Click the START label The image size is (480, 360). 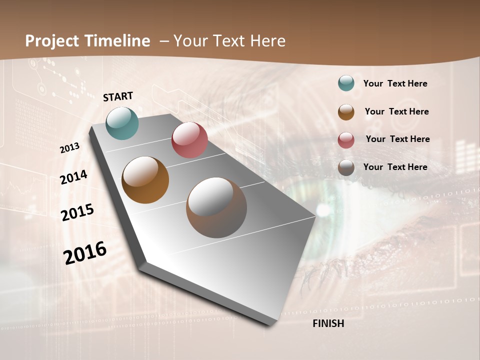point(118,96)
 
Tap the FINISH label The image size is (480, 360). point(328,323)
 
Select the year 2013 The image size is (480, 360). point(69,148)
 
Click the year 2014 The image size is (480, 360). point(73,177)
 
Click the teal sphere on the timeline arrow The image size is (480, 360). point(122,123)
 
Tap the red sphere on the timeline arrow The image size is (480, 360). point(189,140)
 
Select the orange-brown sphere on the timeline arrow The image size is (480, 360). point(145,180)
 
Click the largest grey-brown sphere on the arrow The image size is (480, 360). point(216,207)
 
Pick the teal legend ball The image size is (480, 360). point(346,83)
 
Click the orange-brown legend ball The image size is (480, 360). point(346,112)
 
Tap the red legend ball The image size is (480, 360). point(346,140)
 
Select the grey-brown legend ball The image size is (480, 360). point(346,167)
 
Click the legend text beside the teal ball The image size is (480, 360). point(395,83)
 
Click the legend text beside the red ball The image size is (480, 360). point(397,139)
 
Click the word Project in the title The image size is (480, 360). point(52,41)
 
